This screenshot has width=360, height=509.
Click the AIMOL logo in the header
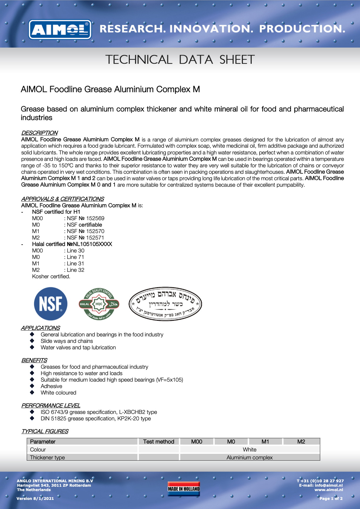60,29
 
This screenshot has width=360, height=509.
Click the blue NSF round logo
51,304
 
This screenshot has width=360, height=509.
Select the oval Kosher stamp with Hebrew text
165,304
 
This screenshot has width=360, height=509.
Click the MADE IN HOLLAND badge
184,489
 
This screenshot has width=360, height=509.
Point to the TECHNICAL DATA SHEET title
180,60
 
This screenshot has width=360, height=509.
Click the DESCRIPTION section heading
39,133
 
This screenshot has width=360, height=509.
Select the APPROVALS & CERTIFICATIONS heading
63,199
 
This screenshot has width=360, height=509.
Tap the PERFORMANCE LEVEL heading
51,405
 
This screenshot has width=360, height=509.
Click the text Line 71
75,257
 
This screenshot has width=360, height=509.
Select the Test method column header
159,441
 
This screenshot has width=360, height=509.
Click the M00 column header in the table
197,441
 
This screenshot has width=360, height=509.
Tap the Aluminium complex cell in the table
250,457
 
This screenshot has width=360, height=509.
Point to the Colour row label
38,449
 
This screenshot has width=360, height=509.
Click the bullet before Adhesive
32,386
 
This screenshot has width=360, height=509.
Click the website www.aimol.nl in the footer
329,490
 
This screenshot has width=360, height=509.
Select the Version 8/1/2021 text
35,498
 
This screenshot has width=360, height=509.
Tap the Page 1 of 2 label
331,498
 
